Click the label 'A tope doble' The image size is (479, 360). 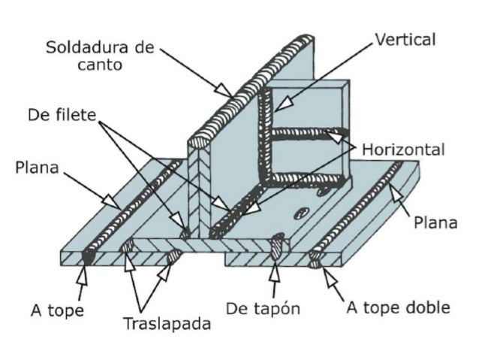pyautogui.click(x=398, y=307)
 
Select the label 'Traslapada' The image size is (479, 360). pyautogui.click(x=167, y=325)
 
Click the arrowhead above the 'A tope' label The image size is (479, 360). pyautogui.click(x=83, y=271)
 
